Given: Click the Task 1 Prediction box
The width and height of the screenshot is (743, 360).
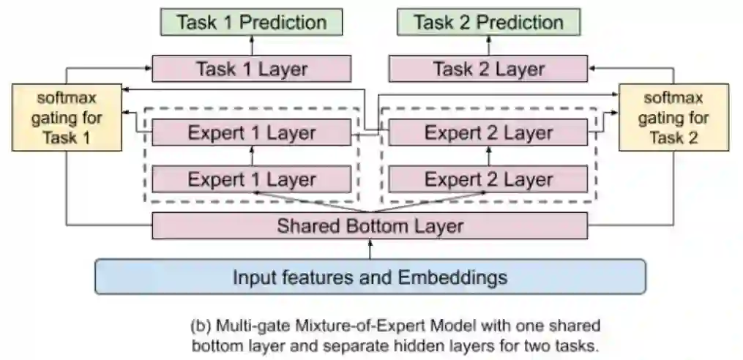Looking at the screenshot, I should click(x=251, y=22).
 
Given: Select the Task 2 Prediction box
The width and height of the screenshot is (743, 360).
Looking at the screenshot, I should click(x=488, y=22).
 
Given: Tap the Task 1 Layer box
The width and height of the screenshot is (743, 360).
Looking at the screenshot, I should click(x=251, y=69).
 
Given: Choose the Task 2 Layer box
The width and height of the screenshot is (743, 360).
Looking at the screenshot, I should click(x=488, y=69).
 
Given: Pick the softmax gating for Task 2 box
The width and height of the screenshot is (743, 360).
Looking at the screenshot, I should click(x=673, y=117).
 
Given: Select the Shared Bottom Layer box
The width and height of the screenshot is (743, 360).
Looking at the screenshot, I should click(x=370, y=225).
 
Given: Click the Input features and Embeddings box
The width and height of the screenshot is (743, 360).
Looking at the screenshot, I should click(x=370, y=277).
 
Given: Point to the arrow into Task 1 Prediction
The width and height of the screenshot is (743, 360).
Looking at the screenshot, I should click(x=251, y=45).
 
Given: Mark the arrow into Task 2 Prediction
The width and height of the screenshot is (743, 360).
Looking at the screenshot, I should click(x=488, y=45).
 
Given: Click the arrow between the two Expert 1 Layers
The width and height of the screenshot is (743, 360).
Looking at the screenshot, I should click(x=251, y=156).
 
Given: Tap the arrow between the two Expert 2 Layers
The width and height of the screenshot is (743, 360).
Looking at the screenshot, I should click(x=488, y=156).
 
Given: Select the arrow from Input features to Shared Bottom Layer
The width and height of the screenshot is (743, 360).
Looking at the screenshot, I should click(x=370, y=249).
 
